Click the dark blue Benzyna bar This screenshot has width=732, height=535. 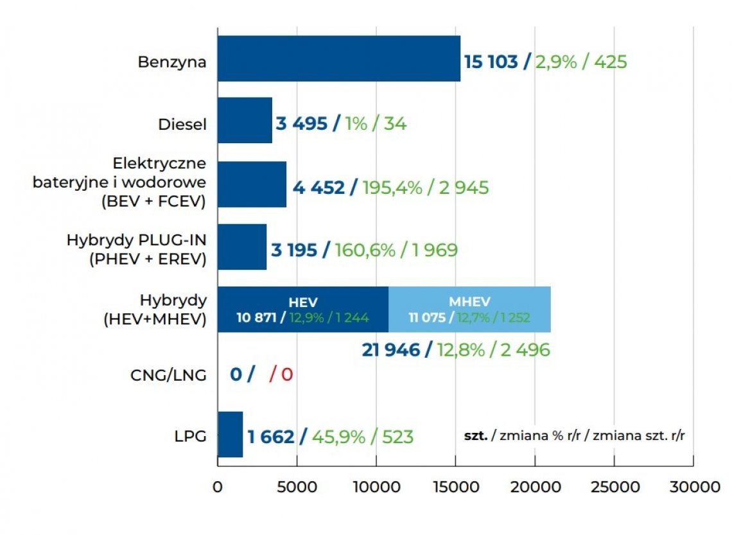pos(338,58)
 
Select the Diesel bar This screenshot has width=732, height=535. pos(245,120)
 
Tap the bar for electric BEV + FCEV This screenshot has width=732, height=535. pos(252,184)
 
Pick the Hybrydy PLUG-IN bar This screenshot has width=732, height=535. pos(241,247)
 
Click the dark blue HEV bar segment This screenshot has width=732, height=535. pos(302,309)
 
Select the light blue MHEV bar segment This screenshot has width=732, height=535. pos(469,309)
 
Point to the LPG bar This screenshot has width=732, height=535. pos(230,434)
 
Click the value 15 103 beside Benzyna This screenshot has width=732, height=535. pos(490,62)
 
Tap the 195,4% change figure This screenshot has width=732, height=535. pos(392,188)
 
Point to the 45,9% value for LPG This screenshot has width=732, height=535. pos(340,437)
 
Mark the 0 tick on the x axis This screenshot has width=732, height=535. pos(218,487)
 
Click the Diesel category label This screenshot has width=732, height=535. pos(182,124)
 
